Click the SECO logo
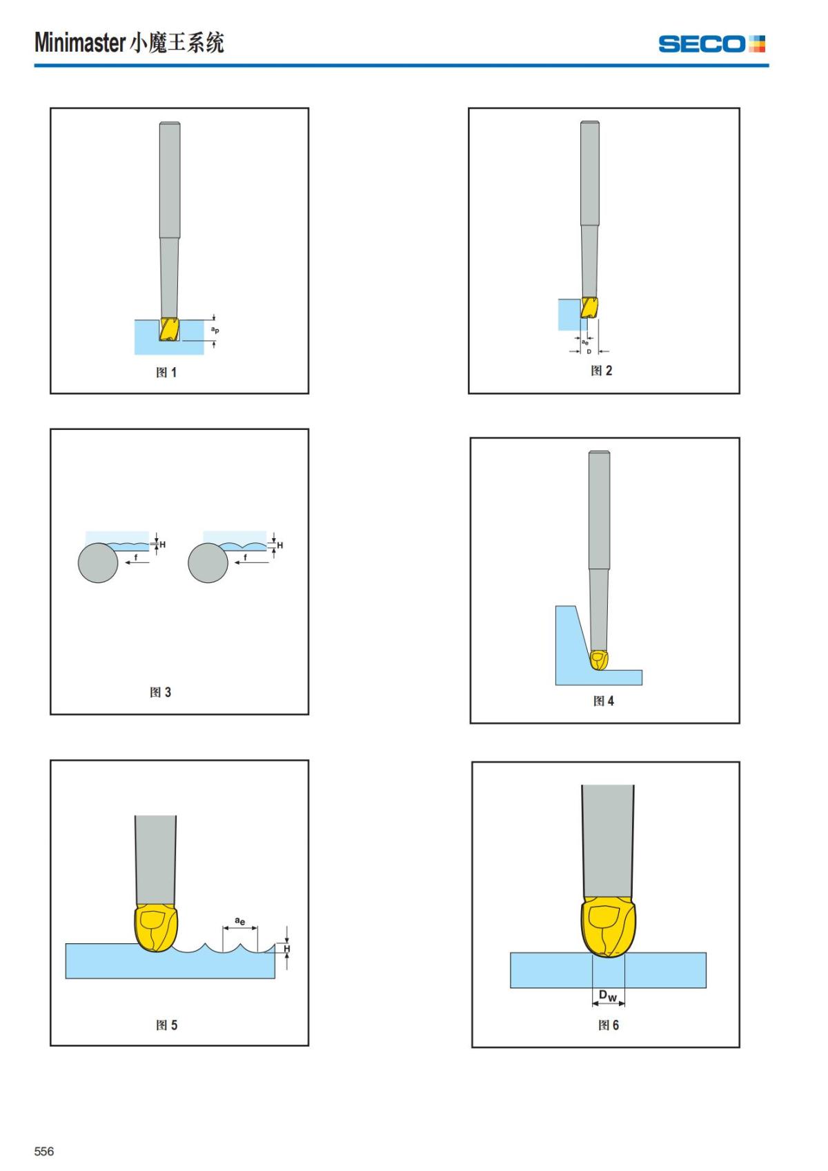tap(711, 44)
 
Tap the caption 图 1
tap(166, 372)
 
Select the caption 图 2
tap(601, 371)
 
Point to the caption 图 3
tap(161, 692)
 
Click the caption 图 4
tap(604, 701)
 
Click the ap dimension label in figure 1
tap(215, 330)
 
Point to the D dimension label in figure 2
tap(589, 352)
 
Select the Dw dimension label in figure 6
tap(608, 996)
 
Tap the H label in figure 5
tap(286, 948)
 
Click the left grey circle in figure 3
tap(98, 563)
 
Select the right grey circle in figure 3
tap(208, 563)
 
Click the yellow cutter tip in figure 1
tap(169, 329)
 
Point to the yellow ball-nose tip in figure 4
tap(599, 660)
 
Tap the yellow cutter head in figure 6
tap(608, 926)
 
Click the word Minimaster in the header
tap(80, 42)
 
